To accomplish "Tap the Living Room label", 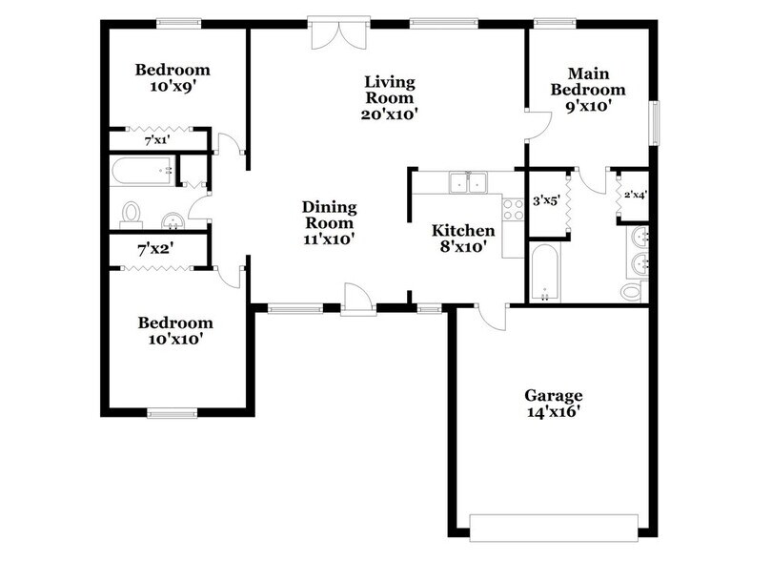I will [x=388, y=97].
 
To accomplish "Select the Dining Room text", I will [x=329, y=223].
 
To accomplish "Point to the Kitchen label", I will [x=463, y=239].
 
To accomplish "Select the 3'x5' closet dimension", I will [x=545, y=201].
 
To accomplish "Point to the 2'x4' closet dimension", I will [x=636, y=196].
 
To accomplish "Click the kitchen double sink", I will [x=469, y=182].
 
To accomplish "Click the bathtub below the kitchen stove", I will [x=544, y=273].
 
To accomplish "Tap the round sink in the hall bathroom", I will [x=172, y=220].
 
